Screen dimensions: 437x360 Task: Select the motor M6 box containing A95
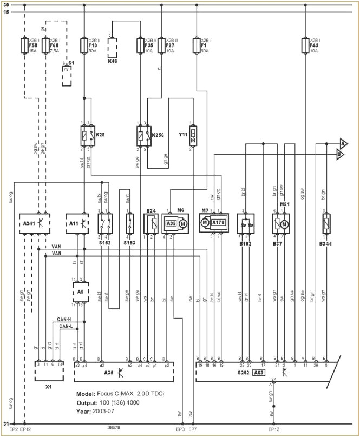(174, 223)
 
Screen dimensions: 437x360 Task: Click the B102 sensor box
(247, 223)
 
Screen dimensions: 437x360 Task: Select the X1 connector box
(49, 368)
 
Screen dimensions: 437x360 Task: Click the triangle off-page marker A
(343, 143)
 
